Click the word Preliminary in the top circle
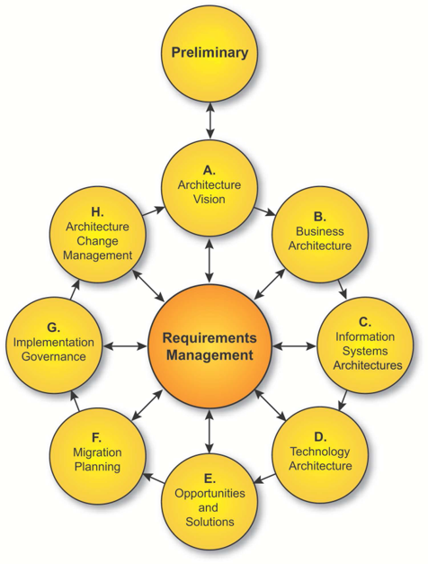pyautogui.click(x=210, y=52)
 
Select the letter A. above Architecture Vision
pyautogui.click(x=210, y=170)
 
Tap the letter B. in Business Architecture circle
pyautogui.click(x=320, y=217)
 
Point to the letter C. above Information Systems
pyautogui.click(x=365, y=322)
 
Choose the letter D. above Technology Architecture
pyautogui.click(x=320, y=436)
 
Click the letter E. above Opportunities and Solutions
pyautogui.click(x=210, y=479)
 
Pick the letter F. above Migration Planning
pyautogui.click(x=96, y=438)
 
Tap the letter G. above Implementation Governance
pyautogui.click(x=53, y=327)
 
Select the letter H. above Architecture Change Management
pyautogui.click(x=97, y=212)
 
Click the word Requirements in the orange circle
pyautogui.click(x=210, y=338)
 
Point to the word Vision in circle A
pyautogui.click(x=210, y=199)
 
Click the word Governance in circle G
pyautogui.click(x=54, y=356)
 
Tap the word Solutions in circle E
pyautogui.click(x=210, y=522)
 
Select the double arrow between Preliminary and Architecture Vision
pyautogui.click(x=210, y=121)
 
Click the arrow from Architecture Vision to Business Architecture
pyautogui.click(x=264, y=211)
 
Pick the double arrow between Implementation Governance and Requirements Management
pyautogui.click(x=125, y=346)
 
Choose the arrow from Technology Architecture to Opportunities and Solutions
pyautogui.click(x=265, y=479)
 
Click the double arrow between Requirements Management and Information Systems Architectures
pyautogui.click(x=294, y=346)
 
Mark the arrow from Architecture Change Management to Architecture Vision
pyautogui.click(x=154, y=211)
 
